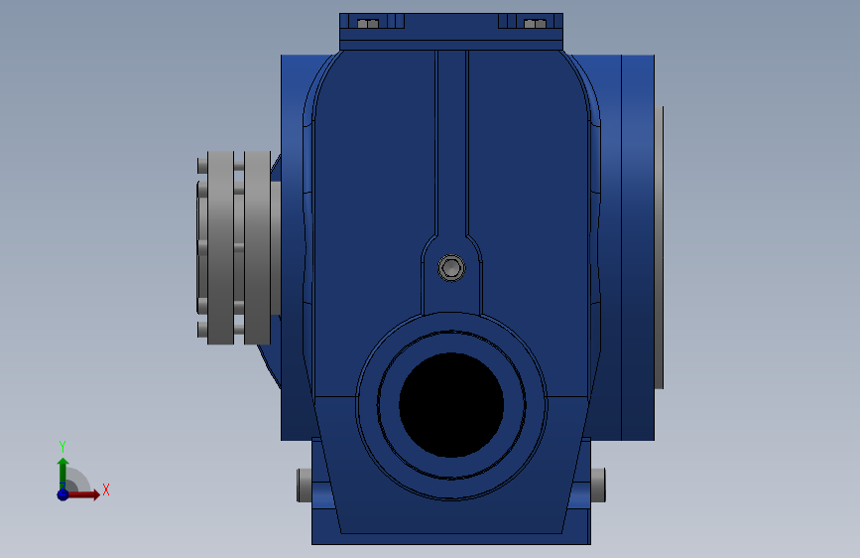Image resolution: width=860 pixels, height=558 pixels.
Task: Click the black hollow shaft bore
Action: pyautogui.click(x=451, y=405)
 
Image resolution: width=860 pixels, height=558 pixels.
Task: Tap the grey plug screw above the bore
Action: pyautogui.click(x=451, y=268)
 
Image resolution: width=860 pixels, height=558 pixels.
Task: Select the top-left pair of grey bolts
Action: pyautogui.click(x=368, y=24)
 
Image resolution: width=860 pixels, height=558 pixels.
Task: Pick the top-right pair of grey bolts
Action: pyautogui.click(x=536, y=24)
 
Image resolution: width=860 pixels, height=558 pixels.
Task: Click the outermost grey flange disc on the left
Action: pyautogui.click(x=220, y=247)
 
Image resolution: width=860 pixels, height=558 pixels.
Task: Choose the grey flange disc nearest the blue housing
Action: pyautogui.click(x=257, y=247)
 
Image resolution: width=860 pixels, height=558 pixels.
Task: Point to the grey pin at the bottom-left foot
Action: pyautogui.click(x=305, y=485)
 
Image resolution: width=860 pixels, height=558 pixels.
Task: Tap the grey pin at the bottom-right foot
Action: pyautogui.click(x=598, y=485)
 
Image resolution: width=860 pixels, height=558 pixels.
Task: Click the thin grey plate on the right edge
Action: pyautogui.click(x=659, y=247)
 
